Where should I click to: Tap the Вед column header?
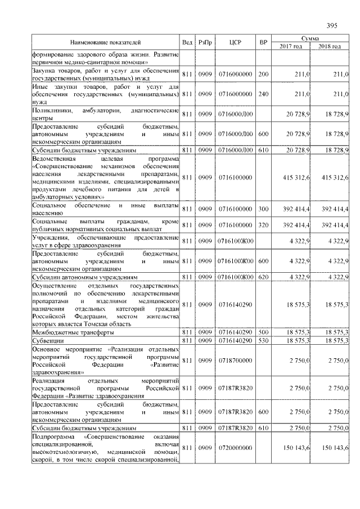pos(187,42)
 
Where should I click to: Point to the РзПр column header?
pos(205,42)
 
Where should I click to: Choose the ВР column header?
pos(263,42)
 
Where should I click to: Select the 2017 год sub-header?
pos(291,46)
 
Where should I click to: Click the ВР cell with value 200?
pos(263,74)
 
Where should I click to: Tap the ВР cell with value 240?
pos(263,94)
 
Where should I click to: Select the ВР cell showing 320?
pos(263,224)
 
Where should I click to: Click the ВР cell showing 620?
pos(263,277)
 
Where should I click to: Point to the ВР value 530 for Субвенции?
pos(263,341)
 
